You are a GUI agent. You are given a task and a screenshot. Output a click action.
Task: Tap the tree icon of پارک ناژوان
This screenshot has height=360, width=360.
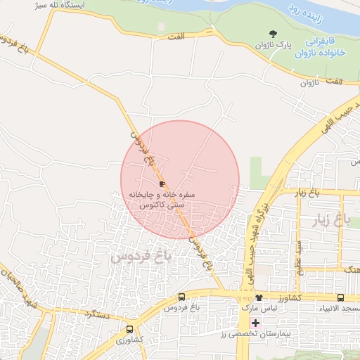point(274,33)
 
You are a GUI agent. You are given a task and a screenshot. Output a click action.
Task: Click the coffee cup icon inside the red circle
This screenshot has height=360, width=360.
point(163,182)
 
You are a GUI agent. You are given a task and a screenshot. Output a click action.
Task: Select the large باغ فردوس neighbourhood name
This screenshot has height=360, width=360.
point(141,257)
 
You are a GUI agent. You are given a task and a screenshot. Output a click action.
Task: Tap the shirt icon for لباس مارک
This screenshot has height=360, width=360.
point(259,297)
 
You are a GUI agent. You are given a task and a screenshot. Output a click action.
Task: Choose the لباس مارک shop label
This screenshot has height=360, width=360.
point(255,308)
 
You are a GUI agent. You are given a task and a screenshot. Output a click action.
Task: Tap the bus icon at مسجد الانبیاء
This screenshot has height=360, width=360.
point(341,297)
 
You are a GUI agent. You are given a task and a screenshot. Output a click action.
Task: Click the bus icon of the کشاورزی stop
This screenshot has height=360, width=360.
point(129,329)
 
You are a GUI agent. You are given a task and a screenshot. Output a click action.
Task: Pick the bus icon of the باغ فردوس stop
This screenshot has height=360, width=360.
point(182,297)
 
